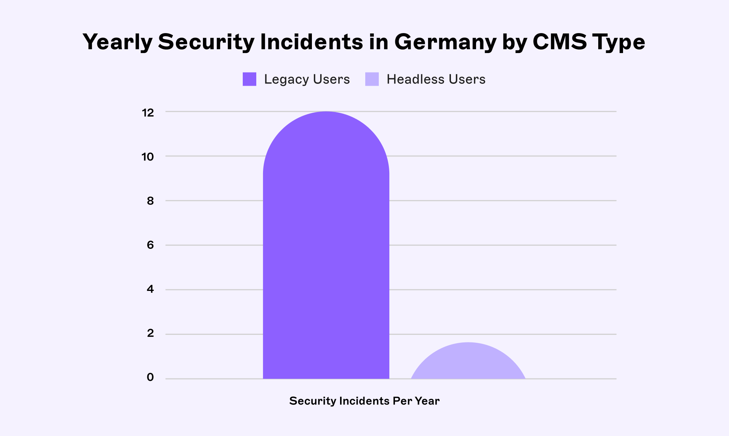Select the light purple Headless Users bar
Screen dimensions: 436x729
pyautogui.click(x=468, y=363)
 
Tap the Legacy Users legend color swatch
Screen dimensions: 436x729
pyautogui.click(x=250, y=79)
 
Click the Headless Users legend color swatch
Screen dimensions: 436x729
pyautogui.click(x=372, y=79)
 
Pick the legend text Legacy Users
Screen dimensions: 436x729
pyautogui.click(x=307, y=79)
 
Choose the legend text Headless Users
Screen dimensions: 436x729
pyautogui.click(x=436, y=79)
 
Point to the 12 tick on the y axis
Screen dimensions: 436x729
pyautogui.click(x=148, y=112)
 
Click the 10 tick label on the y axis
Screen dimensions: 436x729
pyautogui.click(x=148, y=157)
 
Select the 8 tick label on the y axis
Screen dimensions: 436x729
pyautogui.click(x=150, y=201)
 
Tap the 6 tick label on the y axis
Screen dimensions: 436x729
pyautogui.click(x=150, y=245)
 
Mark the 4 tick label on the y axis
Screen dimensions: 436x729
pyautogui.click(x=150, y=289)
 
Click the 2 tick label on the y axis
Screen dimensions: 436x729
pyautogui.click(x=150, y=333)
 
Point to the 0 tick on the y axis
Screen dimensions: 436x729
pyautogui.click(x=150, y=377)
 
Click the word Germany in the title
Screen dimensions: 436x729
pyautogui.click(x=445, y=42)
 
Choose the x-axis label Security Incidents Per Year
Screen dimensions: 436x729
pyautogui.click(x=364, y=401)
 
